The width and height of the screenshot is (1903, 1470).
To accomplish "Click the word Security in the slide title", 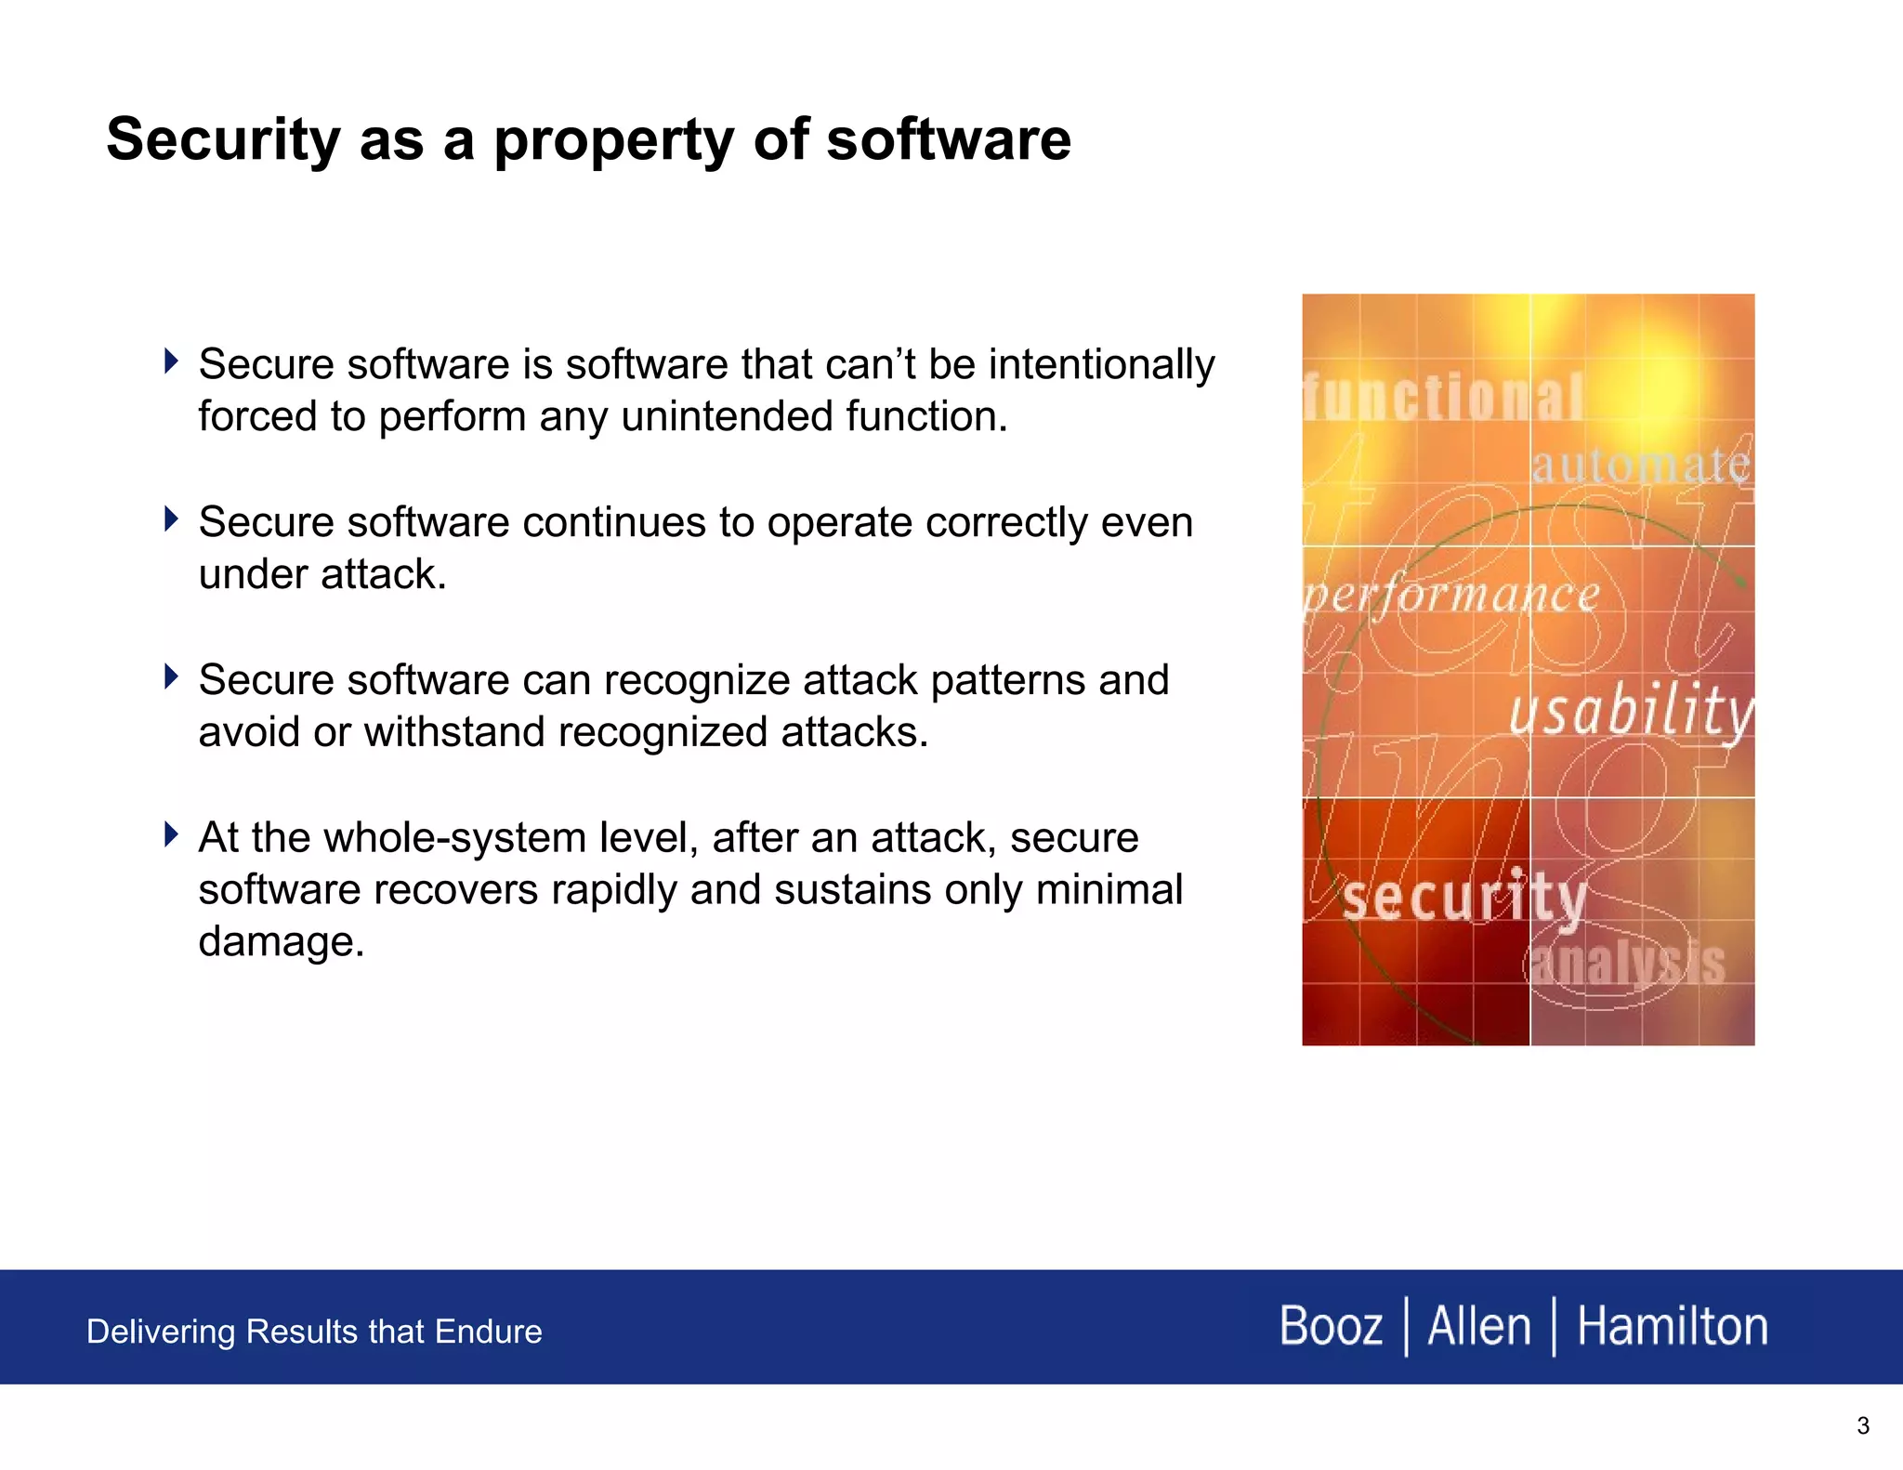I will [223, 139].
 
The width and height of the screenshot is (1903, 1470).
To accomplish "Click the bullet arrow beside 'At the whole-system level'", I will [170, 834].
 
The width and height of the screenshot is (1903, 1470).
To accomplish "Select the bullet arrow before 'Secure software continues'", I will [170, 518].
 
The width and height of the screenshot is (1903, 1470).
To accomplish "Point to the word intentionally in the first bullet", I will [1101, 364].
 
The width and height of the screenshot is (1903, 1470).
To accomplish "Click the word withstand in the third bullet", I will [453, 732].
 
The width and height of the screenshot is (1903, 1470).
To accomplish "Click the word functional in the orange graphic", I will [1442, 398].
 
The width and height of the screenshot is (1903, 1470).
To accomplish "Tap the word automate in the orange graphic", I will [1640, 465].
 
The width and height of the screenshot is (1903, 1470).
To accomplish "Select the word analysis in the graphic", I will [1626, 964].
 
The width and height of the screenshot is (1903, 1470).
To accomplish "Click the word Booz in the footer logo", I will [1331, 1326].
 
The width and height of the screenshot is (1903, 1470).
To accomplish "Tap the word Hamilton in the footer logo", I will [1672, 1326].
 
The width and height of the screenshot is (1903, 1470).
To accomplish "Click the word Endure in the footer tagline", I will [489, 1332].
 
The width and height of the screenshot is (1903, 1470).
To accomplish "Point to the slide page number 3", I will [1862, 1425].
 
